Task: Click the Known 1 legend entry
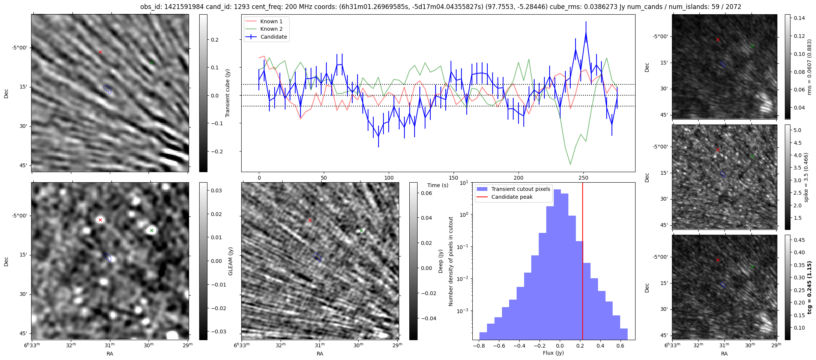pos(271,21)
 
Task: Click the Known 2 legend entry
pos(271,29)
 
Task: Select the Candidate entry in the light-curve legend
pos(274,37)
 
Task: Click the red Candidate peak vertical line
pos(583,262)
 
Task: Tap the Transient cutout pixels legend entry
pos(520,189)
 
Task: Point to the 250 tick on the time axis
pos(583,178)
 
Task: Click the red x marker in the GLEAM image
pos(100,220)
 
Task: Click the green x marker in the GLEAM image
pos(152,230)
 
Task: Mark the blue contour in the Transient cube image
pos(108,89)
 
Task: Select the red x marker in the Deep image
pos(310,220)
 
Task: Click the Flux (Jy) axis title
pos(553,353)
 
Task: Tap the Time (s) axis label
pos(438,185)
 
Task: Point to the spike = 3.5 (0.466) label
pos(806,177)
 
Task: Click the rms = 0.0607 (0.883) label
pos(809,67)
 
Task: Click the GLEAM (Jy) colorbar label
pos(230,261)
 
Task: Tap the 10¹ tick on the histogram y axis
pos(463,183)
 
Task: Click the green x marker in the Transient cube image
pos(152,62)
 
